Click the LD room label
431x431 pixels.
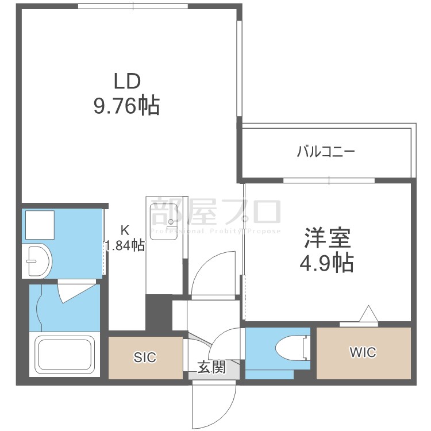[x=126, y=81]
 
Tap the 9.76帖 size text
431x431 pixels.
[x=126, y=106]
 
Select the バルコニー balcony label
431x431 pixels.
[x=326, y=152]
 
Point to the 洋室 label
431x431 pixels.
[x=326, y=237]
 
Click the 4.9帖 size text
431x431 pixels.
[x=326, y=263]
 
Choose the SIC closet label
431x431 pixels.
[x=145, y=357]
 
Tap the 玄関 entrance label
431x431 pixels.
[x=212, y=367]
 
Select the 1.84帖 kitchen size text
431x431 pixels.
[x=124, y=246]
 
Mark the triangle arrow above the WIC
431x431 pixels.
[x=368, y=315]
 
